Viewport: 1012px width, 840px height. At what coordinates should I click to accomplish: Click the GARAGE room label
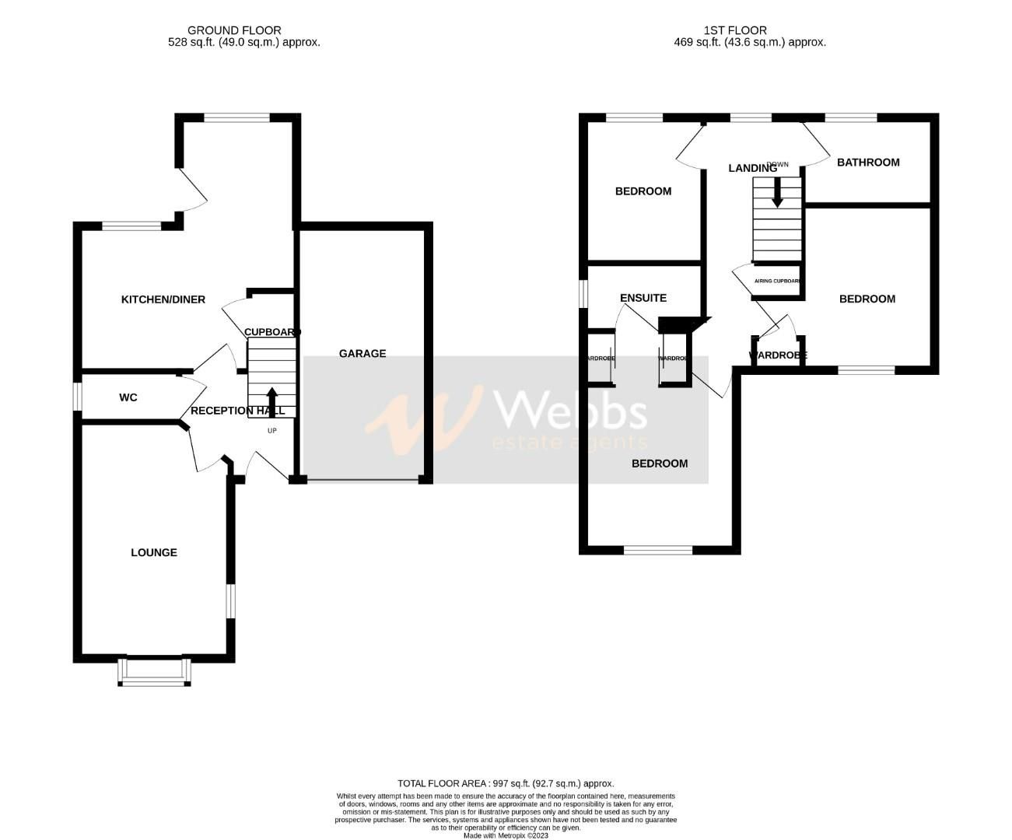tap(362, 354)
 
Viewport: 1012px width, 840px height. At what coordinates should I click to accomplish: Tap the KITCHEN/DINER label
tap(163, 299)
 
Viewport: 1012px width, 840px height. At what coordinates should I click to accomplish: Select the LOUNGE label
tap(154, 553)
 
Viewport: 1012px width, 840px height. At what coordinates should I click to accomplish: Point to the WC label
tap(128, 397)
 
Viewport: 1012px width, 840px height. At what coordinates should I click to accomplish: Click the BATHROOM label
tap(868, 163)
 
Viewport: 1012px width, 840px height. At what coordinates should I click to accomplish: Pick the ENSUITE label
tap(643, 298)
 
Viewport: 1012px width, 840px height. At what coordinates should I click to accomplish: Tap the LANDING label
tap(752, 168)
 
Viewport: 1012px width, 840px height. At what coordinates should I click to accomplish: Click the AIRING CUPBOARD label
tap(778, 282)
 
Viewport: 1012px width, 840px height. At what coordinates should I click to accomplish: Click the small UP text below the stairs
tap(271, 430)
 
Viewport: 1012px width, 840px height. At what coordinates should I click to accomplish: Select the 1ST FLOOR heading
tap(735, 30)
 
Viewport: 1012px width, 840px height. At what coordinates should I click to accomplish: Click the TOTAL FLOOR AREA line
tap(506, 783)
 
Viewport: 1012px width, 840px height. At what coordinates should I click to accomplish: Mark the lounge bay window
tap(154, 674)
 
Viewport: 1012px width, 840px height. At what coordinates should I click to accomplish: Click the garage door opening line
tap(362, 480)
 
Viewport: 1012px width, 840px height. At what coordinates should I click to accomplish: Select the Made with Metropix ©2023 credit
tap(506, 836)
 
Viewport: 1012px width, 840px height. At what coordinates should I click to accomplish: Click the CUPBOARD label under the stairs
tap(272, 333)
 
